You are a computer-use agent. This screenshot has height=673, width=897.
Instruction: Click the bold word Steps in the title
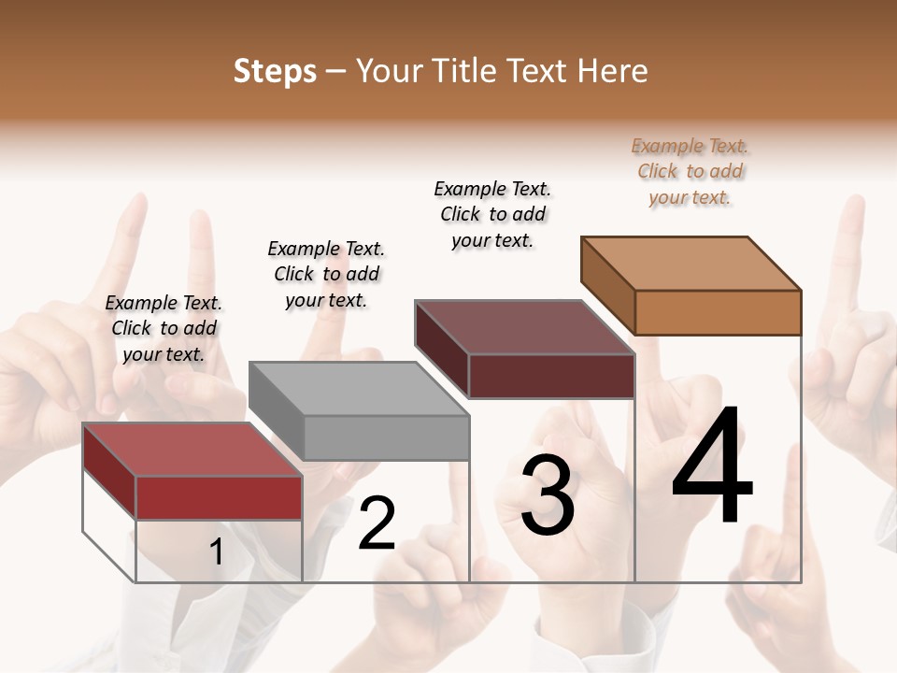(275, 71)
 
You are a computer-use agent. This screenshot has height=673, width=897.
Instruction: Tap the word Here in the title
(612, 71)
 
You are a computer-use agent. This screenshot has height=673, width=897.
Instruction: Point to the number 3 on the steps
(547, 495)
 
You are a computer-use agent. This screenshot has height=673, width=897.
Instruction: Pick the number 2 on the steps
(377, 523)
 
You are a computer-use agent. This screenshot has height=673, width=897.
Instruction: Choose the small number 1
(216, 552)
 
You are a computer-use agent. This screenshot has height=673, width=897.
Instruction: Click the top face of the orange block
(690, 264)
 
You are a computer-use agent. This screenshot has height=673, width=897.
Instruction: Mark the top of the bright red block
(192, 450)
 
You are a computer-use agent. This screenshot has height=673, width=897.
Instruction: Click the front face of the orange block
(718, 312)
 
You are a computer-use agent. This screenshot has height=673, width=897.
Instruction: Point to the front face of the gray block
(386, 437)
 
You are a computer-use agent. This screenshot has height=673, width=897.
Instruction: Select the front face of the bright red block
(219, 497)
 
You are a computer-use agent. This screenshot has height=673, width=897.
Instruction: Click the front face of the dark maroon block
(551, 376)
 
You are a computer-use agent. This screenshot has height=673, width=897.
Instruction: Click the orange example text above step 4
(690, 172)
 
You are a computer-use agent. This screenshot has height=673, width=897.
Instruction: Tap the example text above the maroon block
(492, 214)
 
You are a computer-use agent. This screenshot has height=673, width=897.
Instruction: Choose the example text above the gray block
(326, 274)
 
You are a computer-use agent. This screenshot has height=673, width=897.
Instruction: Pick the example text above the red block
(164, 328)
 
